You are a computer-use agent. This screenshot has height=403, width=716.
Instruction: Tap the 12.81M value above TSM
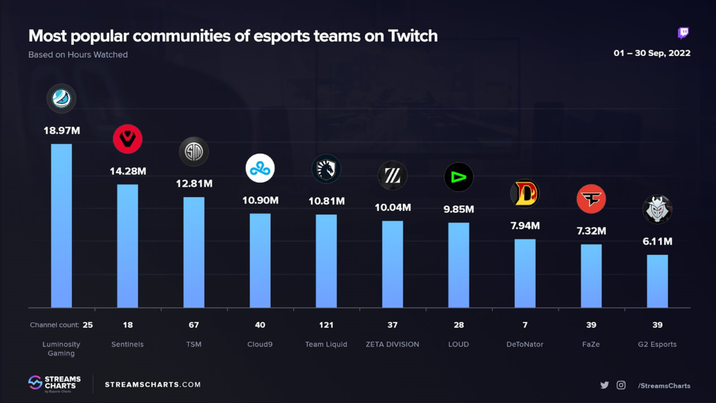194,183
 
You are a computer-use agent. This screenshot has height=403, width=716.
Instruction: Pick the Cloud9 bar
260,260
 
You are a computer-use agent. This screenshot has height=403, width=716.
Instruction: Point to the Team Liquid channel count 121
326,325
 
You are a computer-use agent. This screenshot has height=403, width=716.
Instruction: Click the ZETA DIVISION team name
392,344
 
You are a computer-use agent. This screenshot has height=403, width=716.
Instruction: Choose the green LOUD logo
459,177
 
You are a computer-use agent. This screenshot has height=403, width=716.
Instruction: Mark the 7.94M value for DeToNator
525,226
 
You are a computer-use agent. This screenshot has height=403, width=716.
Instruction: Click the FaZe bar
591,276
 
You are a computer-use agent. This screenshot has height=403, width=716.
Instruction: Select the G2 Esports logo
658,210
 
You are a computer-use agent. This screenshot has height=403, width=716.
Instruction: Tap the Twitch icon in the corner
684,33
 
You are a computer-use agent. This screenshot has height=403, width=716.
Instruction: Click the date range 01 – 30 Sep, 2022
652,53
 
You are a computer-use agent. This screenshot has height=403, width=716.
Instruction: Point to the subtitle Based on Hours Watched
78,54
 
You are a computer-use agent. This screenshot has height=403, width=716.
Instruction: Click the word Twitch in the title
413,36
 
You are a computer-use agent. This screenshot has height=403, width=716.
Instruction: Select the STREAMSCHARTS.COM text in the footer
153,384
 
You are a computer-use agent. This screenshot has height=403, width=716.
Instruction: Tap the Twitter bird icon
604,385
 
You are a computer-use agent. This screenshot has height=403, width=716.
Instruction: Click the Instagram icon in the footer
621,385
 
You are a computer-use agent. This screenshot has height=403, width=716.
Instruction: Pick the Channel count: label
54,325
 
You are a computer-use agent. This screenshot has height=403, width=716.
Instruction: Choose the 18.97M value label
61,130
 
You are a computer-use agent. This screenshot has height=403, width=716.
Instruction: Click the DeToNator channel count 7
525,325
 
